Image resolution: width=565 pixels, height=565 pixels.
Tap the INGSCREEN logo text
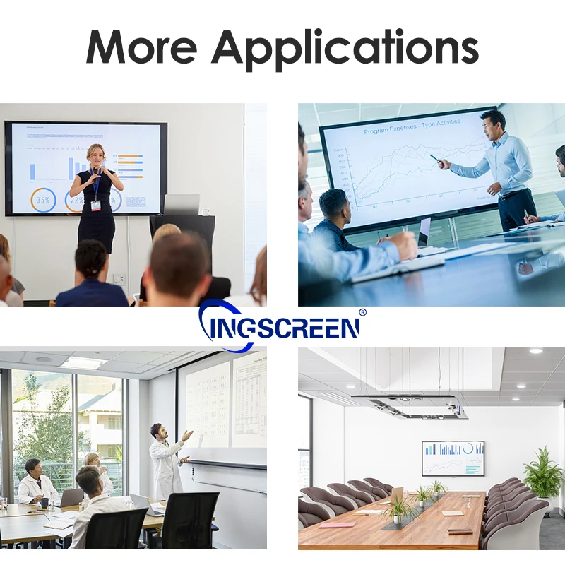coord(282,327)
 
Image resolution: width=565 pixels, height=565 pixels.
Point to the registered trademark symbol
coord(362,311)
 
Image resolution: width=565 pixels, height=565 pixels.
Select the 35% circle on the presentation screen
coord(43,200)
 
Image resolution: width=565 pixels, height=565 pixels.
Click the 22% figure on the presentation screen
coord(75,200)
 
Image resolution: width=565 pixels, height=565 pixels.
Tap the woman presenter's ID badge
coord(96,205)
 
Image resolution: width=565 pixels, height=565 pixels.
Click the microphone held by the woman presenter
coord(97,172)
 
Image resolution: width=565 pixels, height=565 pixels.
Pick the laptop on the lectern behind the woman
coord(182,204)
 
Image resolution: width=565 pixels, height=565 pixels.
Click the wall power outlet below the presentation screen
coord(119,279)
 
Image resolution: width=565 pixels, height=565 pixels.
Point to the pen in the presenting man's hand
coord(434,157)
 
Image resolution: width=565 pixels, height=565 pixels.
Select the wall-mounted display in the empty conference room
coord(453,458)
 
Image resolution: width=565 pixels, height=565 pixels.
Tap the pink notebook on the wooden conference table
coord(337,525)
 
